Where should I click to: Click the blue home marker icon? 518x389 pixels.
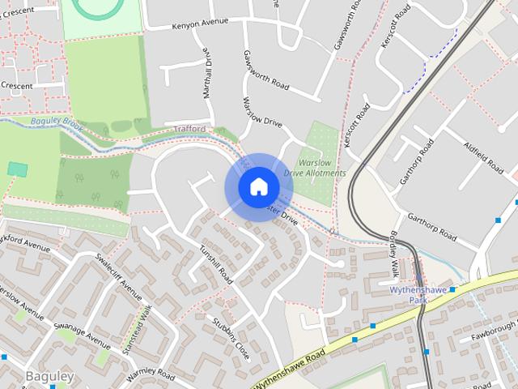(x=258, y=187)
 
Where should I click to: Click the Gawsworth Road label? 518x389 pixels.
(x=265, y=70)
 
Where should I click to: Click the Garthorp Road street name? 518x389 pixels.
(x=433, y=229)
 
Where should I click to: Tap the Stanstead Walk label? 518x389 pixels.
(x=138, y=329)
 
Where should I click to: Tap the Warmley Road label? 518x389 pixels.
(x=151, y=375)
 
